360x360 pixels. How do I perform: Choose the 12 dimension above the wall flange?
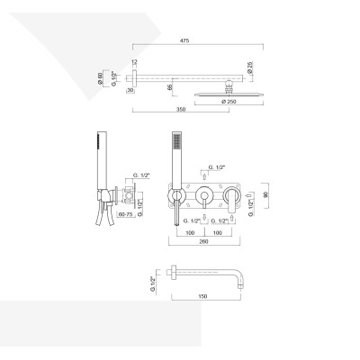pos(132,60)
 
